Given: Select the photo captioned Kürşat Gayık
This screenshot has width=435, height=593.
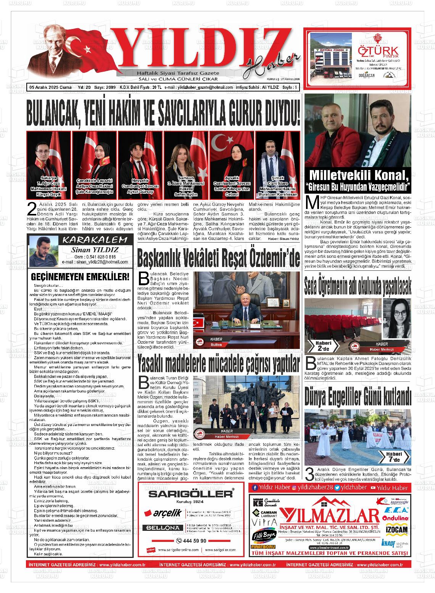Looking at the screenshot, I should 48,164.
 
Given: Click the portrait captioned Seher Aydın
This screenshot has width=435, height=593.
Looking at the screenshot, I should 186,164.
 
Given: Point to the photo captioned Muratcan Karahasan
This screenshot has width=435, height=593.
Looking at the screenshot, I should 277,164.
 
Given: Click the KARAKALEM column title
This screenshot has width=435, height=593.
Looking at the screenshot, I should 95,240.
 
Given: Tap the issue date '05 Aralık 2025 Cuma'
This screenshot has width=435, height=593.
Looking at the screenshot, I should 51,87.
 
